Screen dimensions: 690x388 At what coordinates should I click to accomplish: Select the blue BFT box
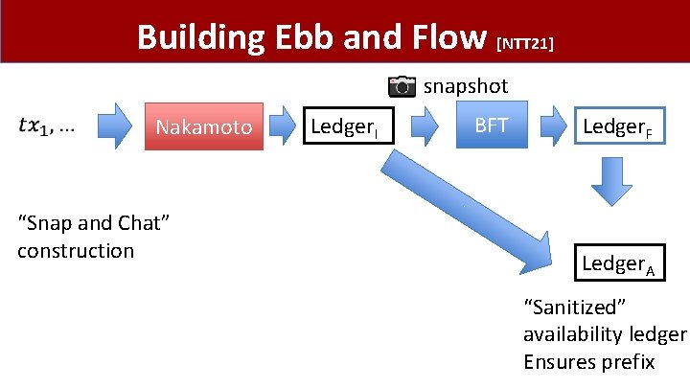coord(491,126)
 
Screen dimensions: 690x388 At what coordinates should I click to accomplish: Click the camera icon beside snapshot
coord(402,86)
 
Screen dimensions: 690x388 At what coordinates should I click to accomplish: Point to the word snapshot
coord(466,86)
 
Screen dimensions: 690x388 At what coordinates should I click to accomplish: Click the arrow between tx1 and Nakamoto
coord(113,126)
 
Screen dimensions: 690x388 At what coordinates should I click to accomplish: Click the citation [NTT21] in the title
coord(525,42)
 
